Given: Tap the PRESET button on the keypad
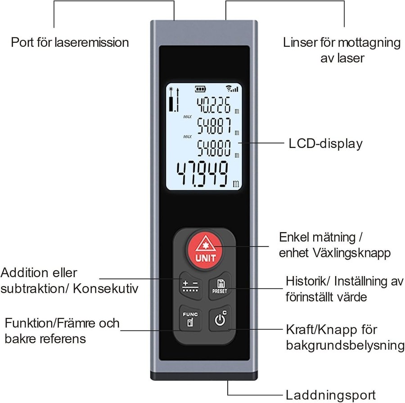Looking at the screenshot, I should pos(220,287).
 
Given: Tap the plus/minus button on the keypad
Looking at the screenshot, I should pos(190,287).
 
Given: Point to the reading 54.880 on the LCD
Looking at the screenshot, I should pos(210,147).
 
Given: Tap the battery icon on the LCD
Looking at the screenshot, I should pos(199,88).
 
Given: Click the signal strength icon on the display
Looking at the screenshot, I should pos(231,88).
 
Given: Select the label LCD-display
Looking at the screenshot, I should pos(325,144).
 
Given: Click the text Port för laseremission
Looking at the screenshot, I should pos(70,42).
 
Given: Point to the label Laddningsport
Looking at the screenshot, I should pos(331,395).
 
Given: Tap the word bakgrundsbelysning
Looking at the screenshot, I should pos(345,345).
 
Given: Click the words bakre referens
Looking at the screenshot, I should pos(45,338).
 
